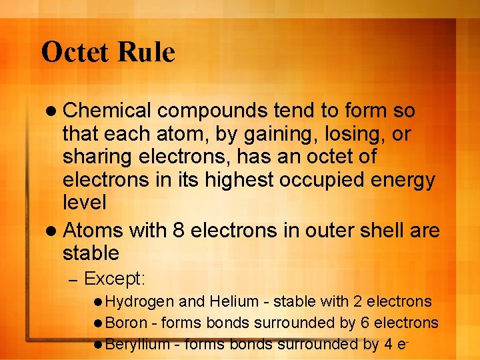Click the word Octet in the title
point(74,52)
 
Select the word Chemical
point(107,110)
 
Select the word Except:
point(115,277)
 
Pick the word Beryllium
point(137,344)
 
